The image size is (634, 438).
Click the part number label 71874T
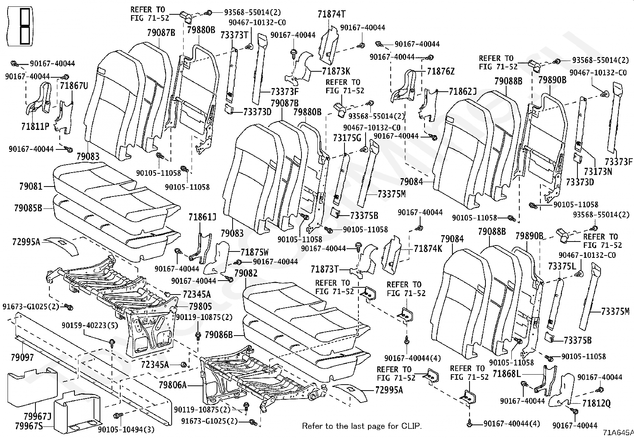331,14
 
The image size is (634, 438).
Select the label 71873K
336,71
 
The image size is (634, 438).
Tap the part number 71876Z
441,71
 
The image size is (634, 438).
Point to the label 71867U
74,85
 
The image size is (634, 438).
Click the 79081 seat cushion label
31,187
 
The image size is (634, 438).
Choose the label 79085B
28,208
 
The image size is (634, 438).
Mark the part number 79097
22,357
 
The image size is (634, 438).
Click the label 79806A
173,385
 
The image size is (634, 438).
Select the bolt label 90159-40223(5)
90,326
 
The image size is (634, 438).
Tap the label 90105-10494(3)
126,430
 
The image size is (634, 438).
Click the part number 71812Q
596,403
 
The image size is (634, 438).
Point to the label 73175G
347,138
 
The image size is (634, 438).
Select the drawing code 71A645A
618,433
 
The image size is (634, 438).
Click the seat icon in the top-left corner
20,26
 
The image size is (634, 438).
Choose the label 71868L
507,374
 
